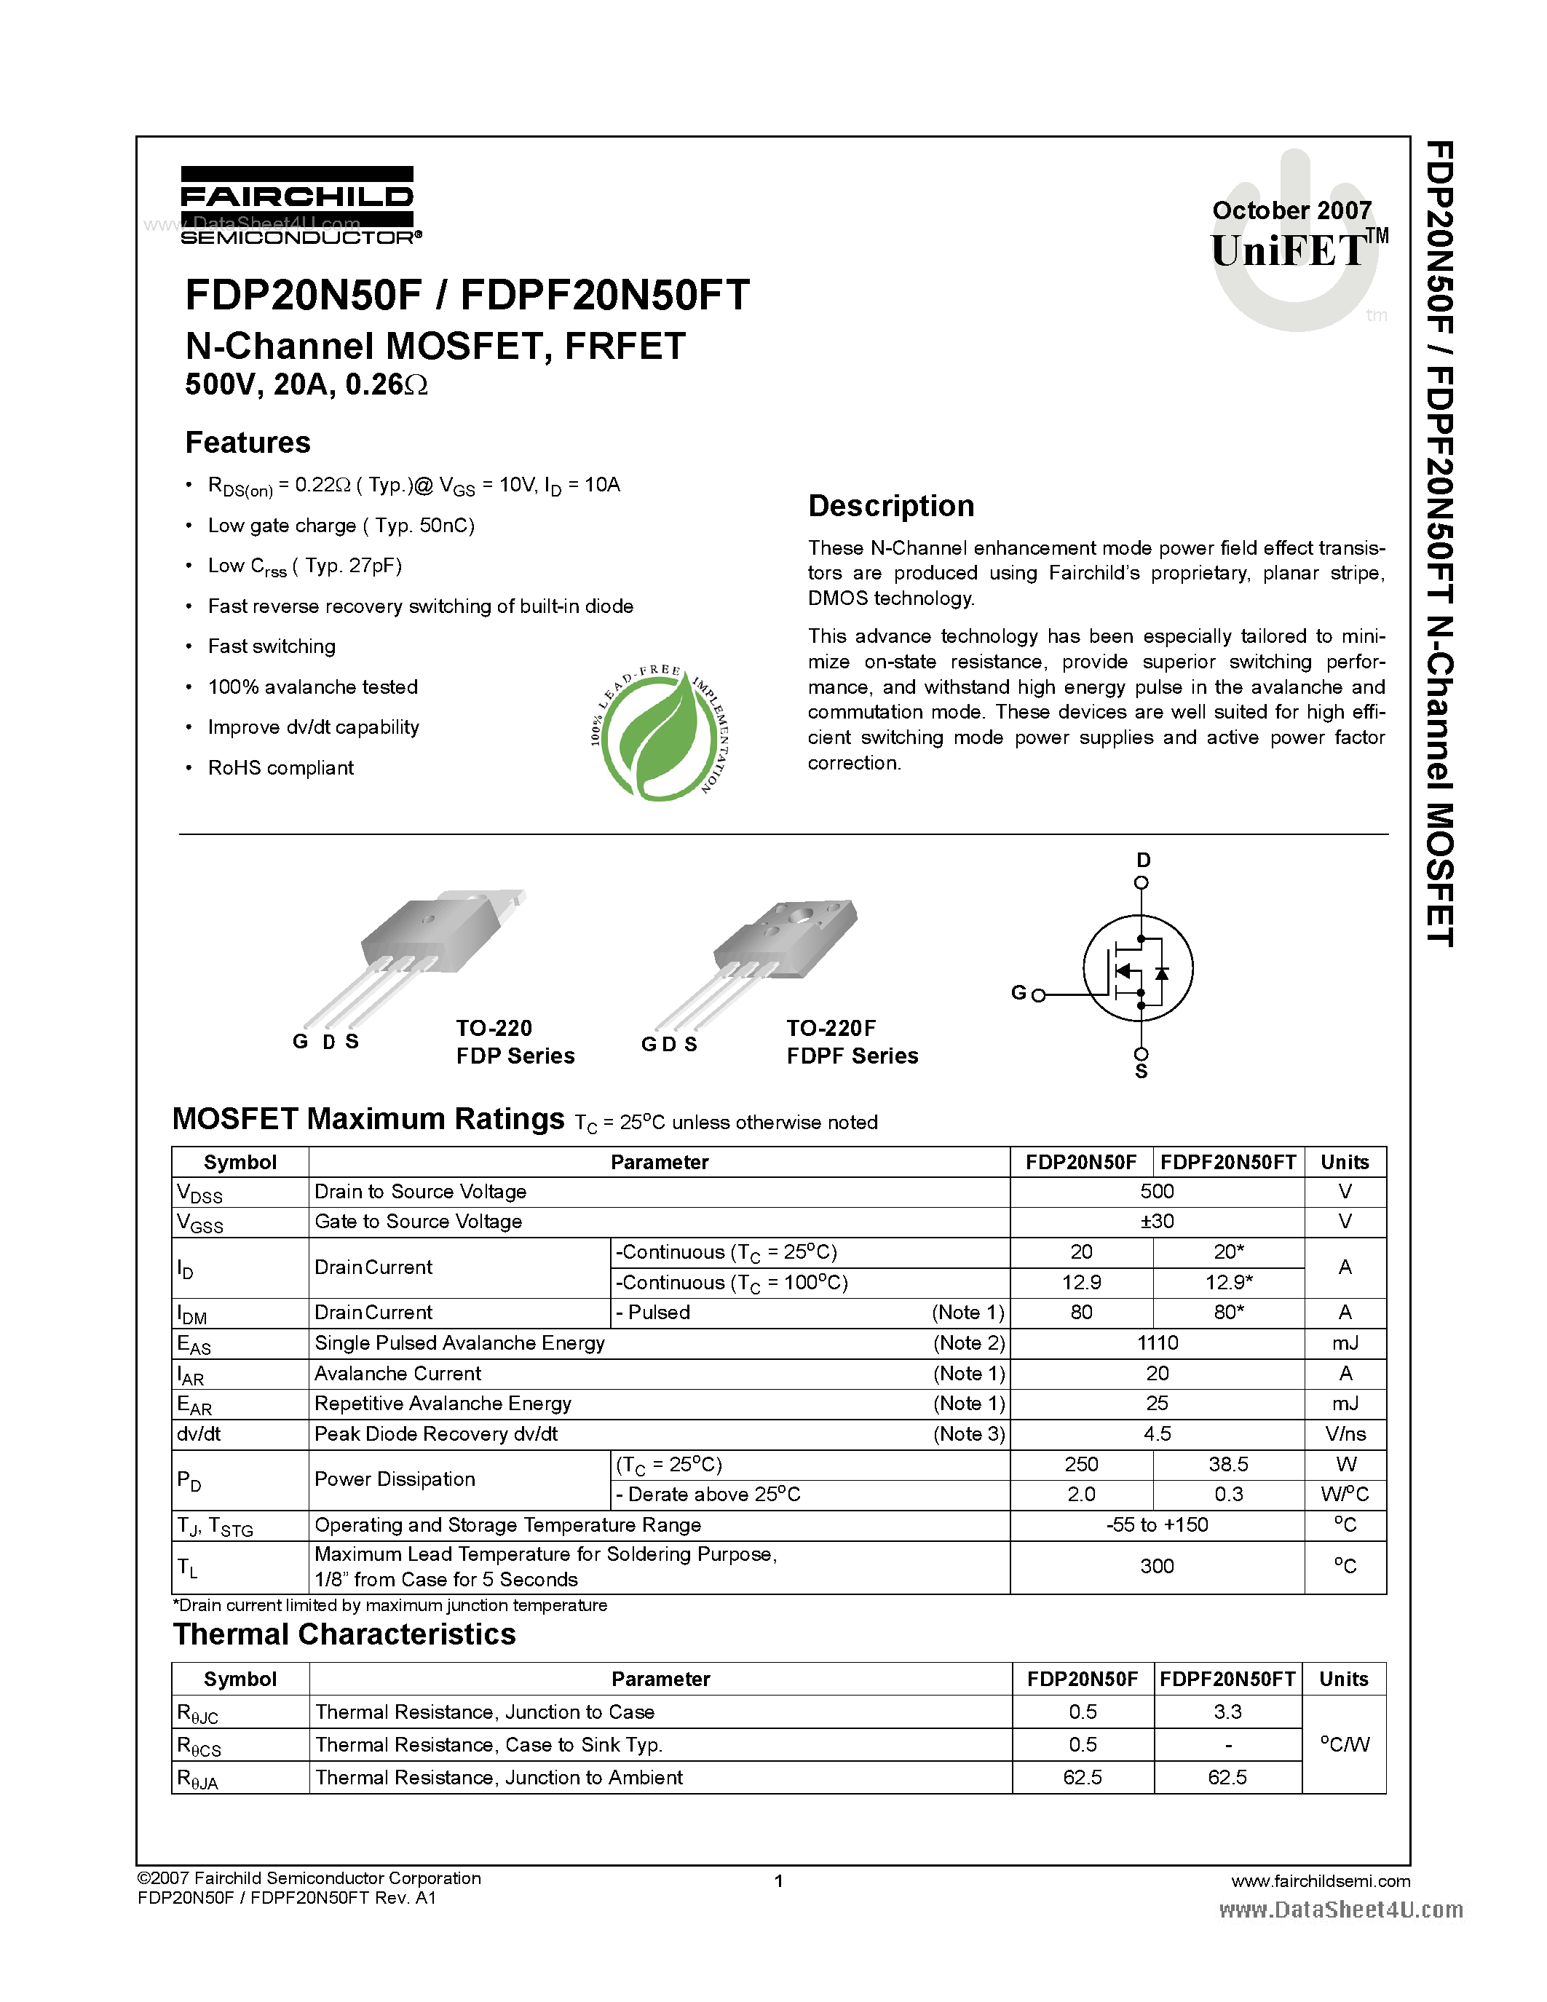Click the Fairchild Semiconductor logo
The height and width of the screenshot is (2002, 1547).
click(297, 205)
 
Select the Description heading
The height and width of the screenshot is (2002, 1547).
click(891, 506)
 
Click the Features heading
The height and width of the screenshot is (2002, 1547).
click(248, 443)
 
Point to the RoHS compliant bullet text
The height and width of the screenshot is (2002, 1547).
click(280, 768)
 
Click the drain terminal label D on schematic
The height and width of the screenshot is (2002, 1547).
click(1143, 860)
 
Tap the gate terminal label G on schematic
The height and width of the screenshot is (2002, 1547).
click(1018, 993)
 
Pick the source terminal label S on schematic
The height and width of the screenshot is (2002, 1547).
click(1141, 1072)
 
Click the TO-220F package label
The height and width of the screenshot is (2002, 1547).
click(831, 1029)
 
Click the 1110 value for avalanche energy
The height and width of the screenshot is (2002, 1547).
click(1157, 1343)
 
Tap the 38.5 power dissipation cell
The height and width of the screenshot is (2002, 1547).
click(1228, 1464)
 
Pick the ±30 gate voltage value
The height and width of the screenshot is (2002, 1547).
click(1157, 1221)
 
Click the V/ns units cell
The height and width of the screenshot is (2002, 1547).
click(1345, 1433)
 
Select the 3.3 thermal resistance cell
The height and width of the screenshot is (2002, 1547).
click(1227, 1712)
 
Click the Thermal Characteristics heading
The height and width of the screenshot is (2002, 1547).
click(344, 1634)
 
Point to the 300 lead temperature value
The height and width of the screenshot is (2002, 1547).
click(1157, 1566)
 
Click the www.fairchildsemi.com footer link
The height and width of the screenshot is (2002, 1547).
click(1320, 1881)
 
